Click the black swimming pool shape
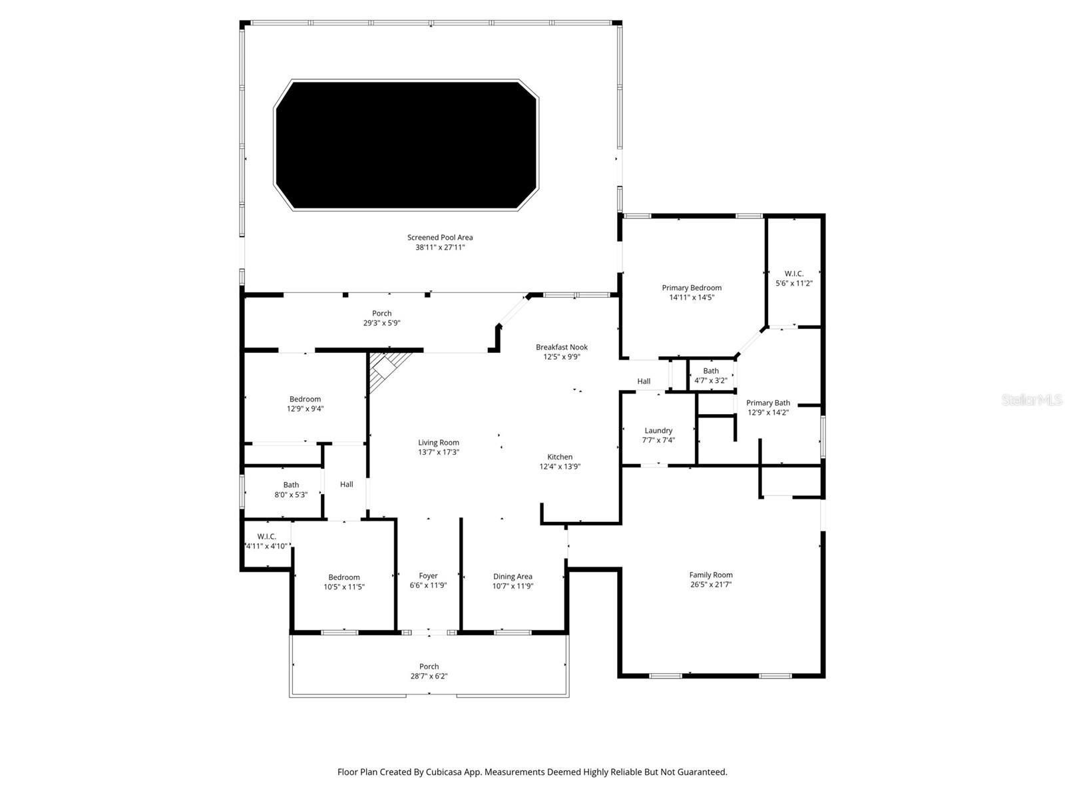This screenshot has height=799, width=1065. pos(406,145)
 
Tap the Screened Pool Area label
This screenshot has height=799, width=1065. pos(440,238)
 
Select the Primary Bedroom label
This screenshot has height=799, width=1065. pos(692,288)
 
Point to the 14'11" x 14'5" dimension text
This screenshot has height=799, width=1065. pos(692,298)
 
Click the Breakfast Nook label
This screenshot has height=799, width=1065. pos(562,347)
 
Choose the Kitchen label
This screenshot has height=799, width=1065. pos(560,457)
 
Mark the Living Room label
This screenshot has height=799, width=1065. pos(439,443)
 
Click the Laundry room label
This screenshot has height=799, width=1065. pos(658,431)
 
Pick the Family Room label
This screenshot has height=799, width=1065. pos(711,575)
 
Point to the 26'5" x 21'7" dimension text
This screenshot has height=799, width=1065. pos(711,585)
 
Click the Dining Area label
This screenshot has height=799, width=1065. pos(513,577)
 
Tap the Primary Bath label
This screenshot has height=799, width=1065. pos(768,403)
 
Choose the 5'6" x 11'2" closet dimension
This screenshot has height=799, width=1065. pos(794,283)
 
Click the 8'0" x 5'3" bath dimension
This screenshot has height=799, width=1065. pos(291,495)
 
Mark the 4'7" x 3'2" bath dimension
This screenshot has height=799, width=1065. pos(711,381)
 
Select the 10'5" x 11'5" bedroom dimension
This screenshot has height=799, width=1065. pos(344,587)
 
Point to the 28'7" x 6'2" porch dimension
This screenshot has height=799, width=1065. pos(429,676)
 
